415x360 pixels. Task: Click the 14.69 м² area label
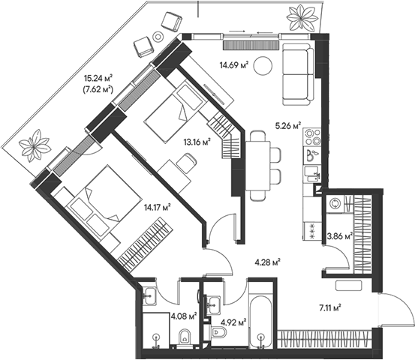click(x=234, y=64)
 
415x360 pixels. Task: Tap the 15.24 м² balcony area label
click(x=98, y=78)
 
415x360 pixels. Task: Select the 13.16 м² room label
click(x=197, y=142)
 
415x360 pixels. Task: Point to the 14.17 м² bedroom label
click(x=157, y=208)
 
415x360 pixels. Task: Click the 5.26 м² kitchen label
click(x=288, y=125)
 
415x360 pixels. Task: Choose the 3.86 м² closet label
click(x=340, y=235)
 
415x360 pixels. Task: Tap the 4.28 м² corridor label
click(x=268, y=262)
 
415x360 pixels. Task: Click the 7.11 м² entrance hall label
click(x=329, y=308)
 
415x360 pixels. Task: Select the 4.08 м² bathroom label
click(x=184, y=316)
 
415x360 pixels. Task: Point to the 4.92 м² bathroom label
click(x=233, y=322)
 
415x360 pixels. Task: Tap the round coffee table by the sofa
click(x=263, y=66)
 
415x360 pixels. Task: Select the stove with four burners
click(x=313, y=136)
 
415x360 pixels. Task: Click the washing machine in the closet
click(x=335, y=204)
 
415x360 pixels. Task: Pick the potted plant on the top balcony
click(x=302, y=18)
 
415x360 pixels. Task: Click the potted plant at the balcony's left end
click(x=34, y=145)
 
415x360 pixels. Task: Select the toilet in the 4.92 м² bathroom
click(x=218, y=332)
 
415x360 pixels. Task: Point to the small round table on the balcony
click(x=158, y=36)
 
